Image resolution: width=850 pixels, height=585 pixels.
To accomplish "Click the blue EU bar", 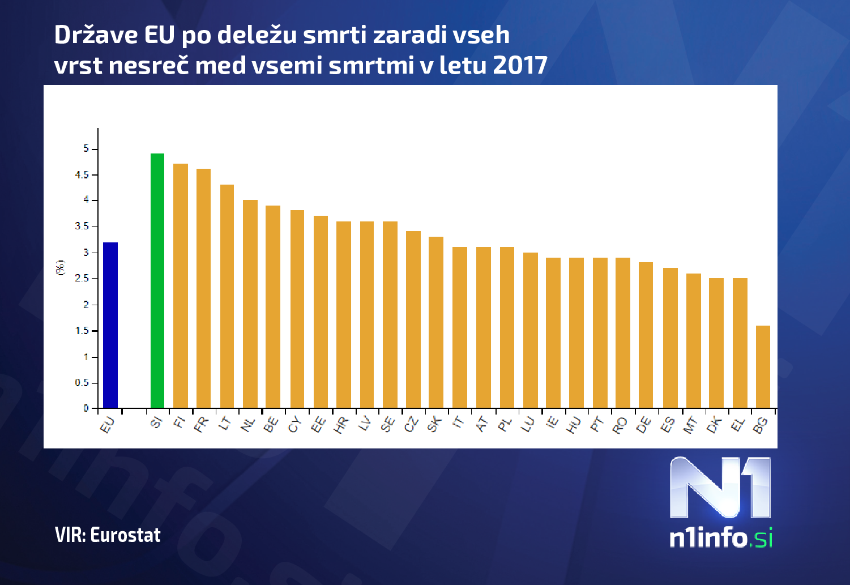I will click(x=110, y=325).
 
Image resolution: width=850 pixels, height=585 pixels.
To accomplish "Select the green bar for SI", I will click(x=157, y=281).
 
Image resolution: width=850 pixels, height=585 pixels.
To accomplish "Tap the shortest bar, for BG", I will click(x=763, y=367).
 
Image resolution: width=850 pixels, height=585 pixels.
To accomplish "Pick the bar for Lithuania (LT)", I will click(x=227, y=296).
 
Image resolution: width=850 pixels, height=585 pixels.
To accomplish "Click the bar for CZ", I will click(x=413, y=319).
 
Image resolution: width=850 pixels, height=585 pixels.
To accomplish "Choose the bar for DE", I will click(x=646, y=335).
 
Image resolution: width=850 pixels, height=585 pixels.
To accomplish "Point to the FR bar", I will click(x=203, y=288).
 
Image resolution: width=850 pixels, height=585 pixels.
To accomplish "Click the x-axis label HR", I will click(x=341, y=425).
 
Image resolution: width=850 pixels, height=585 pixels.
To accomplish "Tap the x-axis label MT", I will click(x=691, y=425).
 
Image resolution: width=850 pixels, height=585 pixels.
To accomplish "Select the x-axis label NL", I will click(x=248, y=425).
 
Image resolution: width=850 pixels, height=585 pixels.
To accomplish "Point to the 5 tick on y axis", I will click(x=87, y=149).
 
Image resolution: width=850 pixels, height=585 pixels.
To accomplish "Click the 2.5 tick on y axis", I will click(x=83, y=279).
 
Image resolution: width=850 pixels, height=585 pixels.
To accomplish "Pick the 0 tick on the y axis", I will click(x=87, y=408).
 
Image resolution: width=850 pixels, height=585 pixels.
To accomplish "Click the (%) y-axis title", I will click(x=60, y=267).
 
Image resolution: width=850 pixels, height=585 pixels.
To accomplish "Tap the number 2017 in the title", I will click(x=520, y=65).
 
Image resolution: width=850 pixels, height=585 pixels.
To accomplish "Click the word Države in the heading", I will click(x=96, y=35).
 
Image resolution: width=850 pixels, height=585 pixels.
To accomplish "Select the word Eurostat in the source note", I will click(x=125, y=535).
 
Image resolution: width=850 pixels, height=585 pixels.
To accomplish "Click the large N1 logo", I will click(x=720, y=488).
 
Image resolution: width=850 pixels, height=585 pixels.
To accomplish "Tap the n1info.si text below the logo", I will click(x=720, y=537).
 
